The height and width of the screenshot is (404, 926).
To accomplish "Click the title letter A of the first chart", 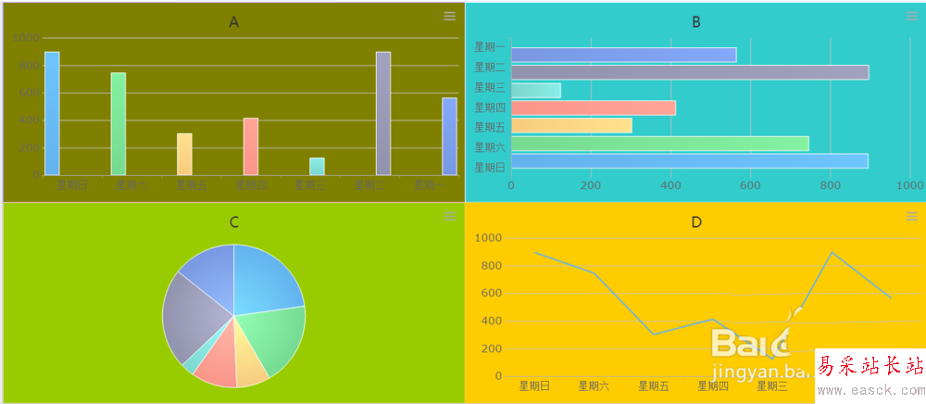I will (x=234, y=22).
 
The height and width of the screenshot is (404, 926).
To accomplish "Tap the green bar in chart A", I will (x=119, y=123).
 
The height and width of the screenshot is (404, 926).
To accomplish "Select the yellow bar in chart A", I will (x=184, y=154).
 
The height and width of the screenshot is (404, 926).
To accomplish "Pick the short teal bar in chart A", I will (x=317, y=167).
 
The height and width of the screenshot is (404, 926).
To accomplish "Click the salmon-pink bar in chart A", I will (x=251, y=146).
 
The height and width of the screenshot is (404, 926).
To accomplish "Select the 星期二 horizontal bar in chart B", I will (x=690, y=72).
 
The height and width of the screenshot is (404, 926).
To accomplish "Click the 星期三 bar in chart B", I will (x=536, y=90).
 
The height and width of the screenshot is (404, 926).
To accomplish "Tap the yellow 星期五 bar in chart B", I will (x=571, y=125).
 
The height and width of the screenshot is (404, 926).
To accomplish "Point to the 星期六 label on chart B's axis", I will (x=490, y=146).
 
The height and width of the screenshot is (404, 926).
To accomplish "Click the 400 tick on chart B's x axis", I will (x=670, y=185).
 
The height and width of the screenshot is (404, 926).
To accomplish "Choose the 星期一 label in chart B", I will (x=490, y=46).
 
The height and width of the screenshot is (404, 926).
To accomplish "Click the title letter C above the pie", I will (x=234, y=222).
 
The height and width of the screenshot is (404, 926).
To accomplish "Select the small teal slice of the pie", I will (x=190, y=364).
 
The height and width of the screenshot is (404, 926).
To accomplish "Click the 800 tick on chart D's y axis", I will (x=491, y=266).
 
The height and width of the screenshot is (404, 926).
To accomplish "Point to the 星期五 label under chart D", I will (x=654, y=385).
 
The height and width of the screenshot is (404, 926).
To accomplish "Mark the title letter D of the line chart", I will (x=696, y=222).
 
